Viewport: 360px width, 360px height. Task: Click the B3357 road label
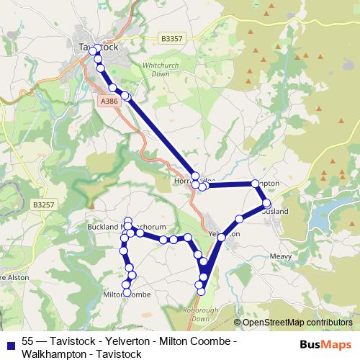(172, 38)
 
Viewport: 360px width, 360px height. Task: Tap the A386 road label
(109, 102)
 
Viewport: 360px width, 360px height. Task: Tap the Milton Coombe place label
(127, 295)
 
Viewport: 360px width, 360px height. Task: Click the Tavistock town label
(98, 47)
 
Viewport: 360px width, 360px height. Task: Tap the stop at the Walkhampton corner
(255, 184)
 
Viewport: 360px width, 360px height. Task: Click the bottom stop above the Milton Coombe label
(127, 285)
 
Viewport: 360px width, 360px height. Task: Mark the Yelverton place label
(223, 235)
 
